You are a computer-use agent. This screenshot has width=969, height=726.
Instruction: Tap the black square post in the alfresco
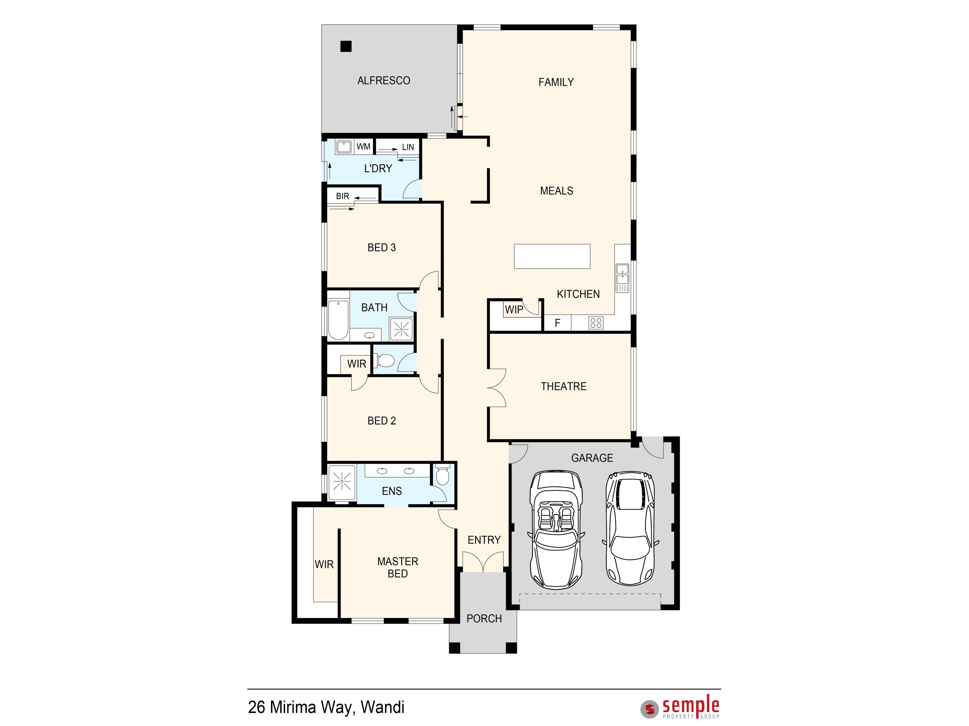click(346, 46)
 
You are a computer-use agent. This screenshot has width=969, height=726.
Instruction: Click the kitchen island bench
click(552, 256)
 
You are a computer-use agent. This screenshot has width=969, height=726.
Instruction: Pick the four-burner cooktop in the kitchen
click(596, 323)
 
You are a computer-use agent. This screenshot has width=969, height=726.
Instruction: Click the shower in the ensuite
click(342, 482)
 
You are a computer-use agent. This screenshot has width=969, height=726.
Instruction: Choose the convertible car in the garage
click(556, 530)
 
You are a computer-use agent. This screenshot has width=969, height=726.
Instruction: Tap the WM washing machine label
click(363, 147)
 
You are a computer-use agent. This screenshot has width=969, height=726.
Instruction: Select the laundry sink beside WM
click(344, 147)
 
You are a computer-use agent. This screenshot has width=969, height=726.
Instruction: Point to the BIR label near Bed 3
click(343, 196)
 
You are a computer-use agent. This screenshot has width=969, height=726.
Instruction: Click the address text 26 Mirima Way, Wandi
click(326, 707)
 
